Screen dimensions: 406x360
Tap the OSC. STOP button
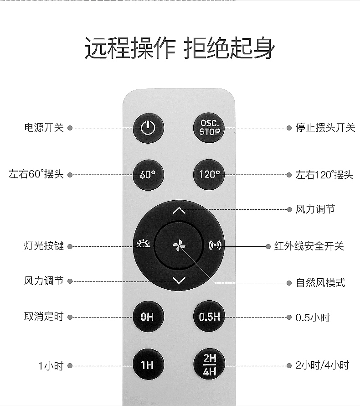click(x=210, y=128)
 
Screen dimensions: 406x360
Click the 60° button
click(x=148, y=174)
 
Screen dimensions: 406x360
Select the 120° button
click(x=210, y=174)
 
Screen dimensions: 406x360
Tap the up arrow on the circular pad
click(x=179, y=211)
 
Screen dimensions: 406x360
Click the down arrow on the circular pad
click(x=179, y=280)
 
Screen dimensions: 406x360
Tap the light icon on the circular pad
click(x=142, y=245)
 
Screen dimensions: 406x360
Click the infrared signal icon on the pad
click(x=215, y=245)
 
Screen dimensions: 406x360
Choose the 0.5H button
click(x=210, y=317)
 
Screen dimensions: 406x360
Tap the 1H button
click(x=148, y=365)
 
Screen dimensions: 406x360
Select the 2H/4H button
click(x=210, y=364)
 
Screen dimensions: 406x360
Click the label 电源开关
click(x=44, y=128)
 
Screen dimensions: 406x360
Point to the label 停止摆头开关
click(x=325, y=128)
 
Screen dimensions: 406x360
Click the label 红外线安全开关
click(x=309, y=246)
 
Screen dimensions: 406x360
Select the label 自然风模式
click(x=321, y=283)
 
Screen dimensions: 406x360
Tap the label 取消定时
click(x=44, y=317)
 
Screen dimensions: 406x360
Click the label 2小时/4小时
click(x=322, y=365)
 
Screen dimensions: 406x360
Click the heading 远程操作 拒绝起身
click(x=180, y=48)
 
